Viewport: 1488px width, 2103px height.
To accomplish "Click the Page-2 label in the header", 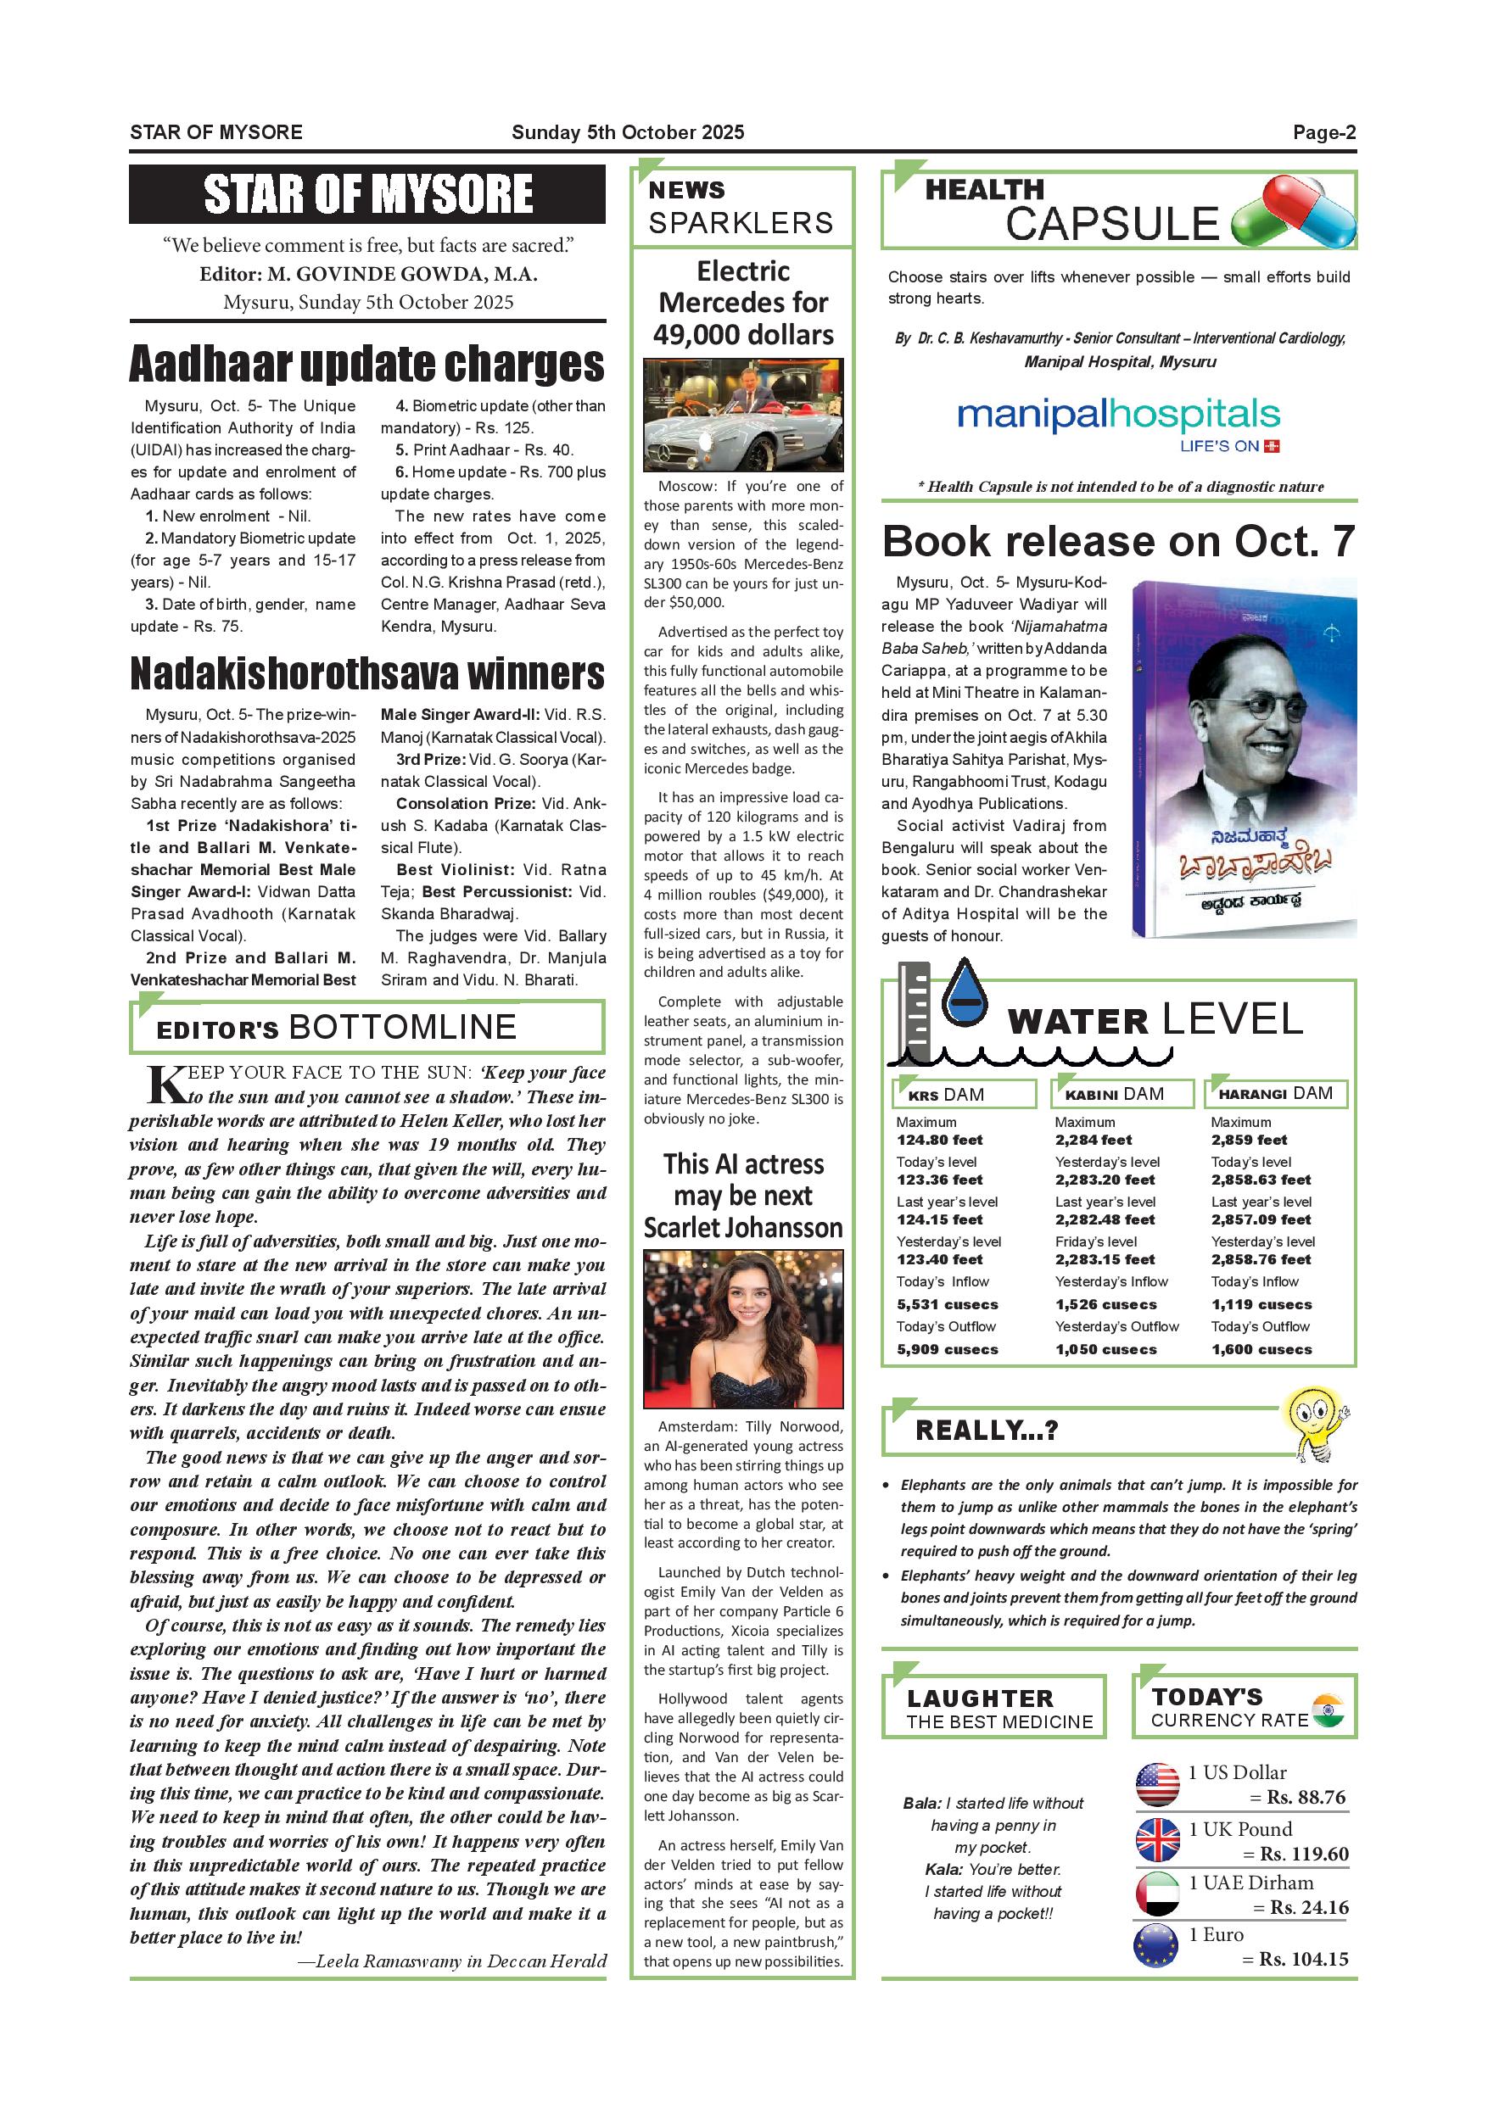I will (1323, 133).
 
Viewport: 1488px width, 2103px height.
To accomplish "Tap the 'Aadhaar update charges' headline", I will (366, 364).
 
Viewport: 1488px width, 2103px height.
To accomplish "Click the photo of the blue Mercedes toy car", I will (742, 415).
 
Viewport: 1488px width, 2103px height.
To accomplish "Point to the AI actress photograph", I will (742, 1329).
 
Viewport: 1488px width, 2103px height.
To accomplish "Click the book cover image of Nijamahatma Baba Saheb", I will (1244, 758).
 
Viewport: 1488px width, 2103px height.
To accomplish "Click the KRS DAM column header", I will (963, 1094).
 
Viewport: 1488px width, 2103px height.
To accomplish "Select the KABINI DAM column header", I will (1122, 1094).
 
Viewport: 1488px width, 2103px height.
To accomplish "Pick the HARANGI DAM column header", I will (1275, 1094).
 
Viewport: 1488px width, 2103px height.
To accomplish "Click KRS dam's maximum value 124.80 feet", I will (939, 1141).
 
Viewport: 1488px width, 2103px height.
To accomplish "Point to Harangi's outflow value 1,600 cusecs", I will (1261, 1349).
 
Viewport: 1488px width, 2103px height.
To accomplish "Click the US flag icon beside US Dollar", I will (1157, 1785).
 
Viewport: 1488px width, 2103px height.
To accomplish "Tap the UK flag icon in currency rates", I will (1157, 1839).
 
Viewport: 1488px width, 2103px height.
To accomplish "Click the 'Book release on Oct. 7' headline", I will (1118, 541).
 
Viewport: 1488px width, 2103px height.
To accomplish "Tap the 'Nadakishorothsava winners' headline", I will (366, 673).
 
